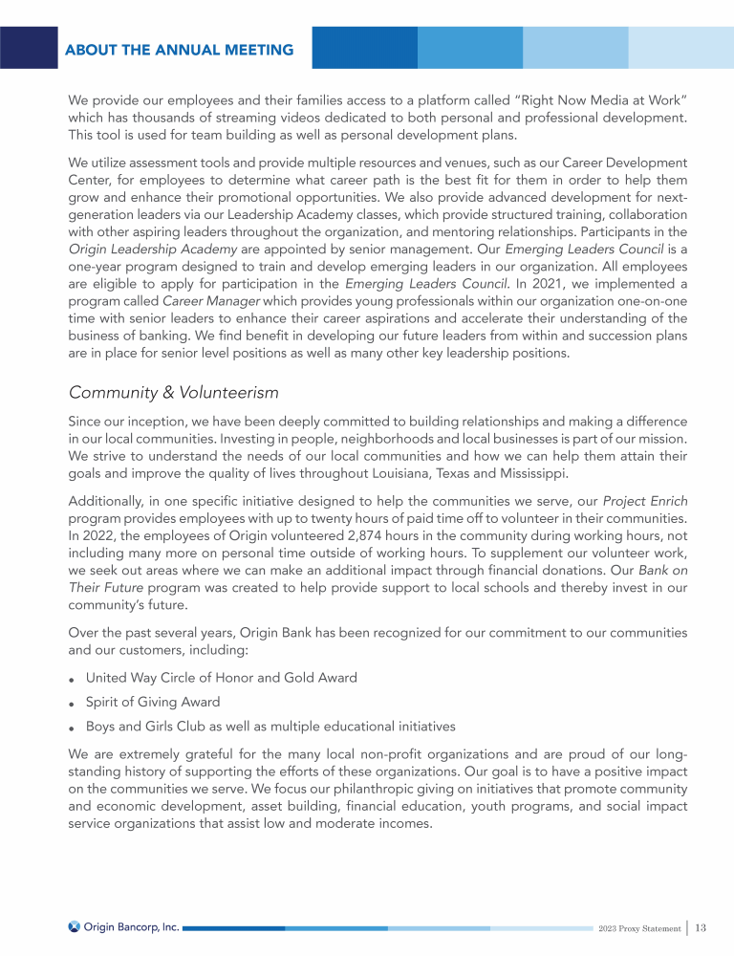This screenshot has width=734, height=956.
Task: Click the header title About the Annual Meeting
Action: tap(180, 50)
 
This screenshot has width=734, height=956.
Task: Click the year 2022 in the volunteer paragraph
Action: tap(98, 540)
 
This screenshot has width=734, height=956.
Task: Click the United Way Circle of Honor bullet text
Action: tap(222, 677)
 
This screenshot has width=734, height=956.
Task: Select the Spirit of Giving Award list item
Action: tap(154, 701)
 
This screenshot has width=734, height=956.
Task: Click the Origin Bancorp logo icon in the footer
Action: tap(75, 926)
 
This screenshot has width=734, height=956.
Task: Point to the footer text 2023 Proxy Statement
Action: tap(639, 927)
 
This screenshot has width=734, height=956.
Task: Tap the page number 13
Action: tap(701, 926)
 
